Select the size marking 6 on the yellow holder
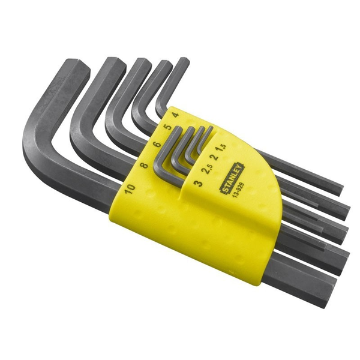click(155, 146)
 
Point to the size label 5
click(166, 128)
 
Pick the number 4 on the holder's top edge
click(174, 114)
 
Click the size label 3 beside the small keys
click(198, 182)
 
